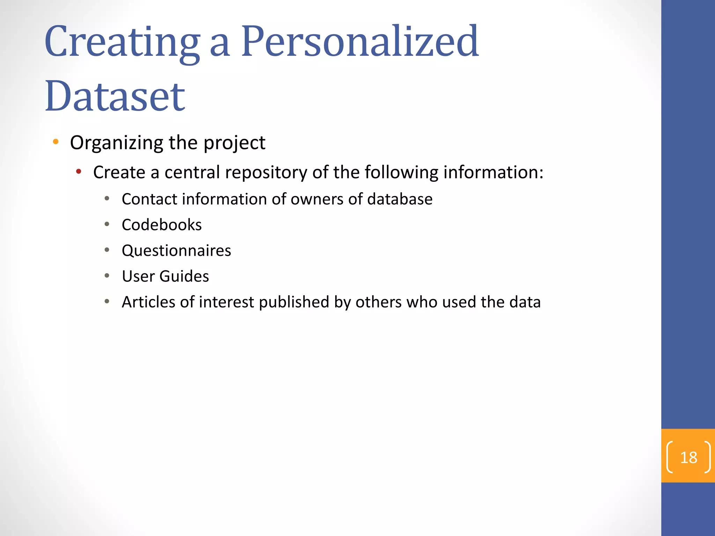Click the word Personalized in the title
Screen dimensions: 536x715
360,42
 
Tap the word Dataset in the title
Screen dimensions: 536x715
115,96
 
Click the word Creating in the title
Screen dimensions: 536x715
122,42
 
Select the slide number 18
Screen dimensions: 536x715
688,457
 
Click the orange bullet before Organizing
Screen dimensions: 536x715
56,142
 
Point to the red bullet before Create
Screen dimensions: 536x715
79,171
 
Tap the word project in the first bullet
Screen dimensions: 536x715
234,143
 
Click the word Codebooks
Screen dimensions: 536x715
162,225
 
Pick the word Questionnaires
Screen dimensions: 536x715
176,251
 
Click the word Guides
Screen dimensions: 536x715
184,276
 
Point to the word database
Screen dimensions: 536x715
400,199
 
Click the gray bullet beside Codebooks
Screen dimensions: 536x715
107,224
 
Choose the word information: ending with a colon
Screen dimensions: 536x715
493,172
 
